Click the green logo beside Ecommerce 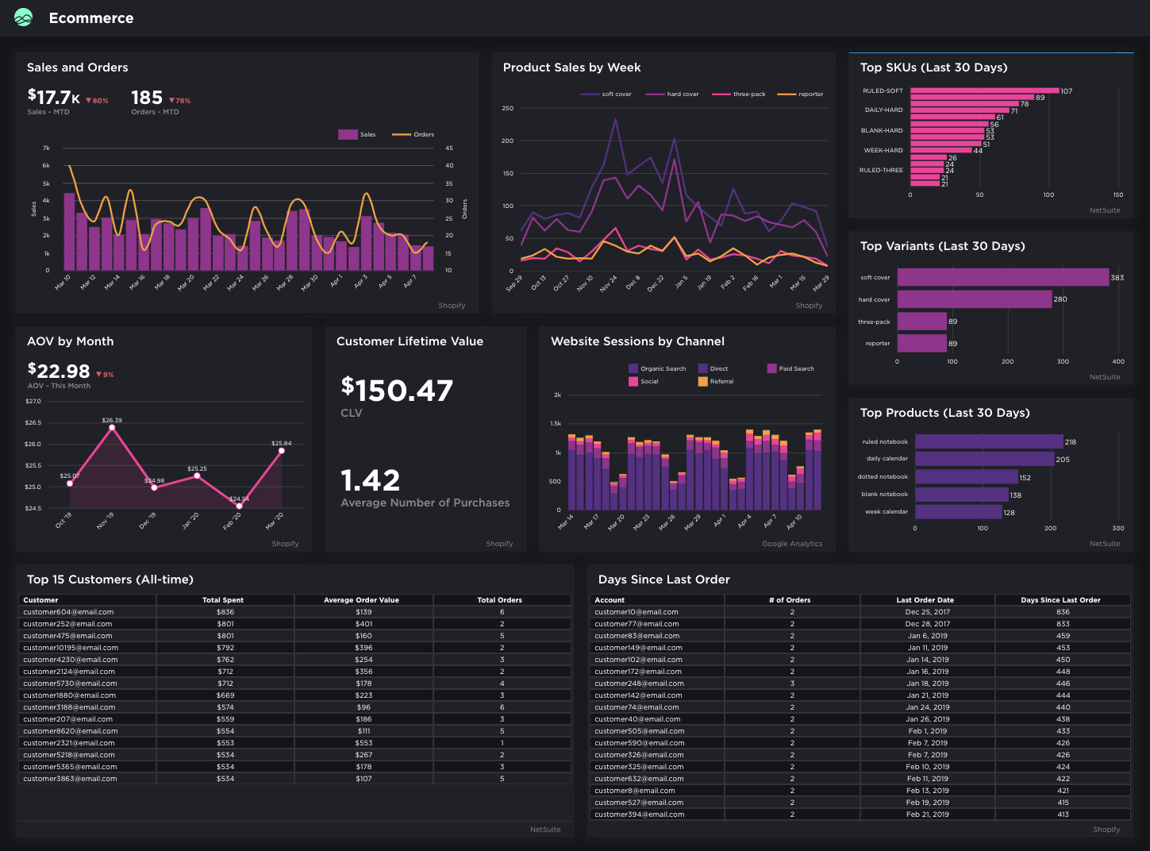(x=24, y=17)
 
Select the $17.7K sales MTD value (x=54, y=98)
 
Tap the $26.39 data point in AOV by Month (x=112, y=427)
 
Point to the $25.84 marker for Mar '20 (x=281, y=450)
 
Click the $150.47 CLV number (x=397, y=390)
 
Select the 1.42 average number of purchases (x=370, y=480)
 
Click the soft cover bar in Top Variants (x=1002, y=277)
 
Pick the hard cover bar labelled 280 (x=974, y=299)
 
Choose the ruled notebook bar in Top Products (x=988, y=441)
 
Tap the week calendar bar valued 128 (x=958, y=512)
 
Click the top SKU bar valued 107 (x=984, y=90)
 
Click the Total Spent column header (x=223, y=600)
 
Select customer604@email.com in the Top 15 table (x=68, y=612)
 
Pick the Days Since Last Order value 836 (x=1063, y=612)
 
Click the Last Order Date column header (x=925, y=600)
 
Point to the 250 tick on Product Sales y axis (x=508, y=108)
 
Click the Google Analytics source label (x=792, y=544)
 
